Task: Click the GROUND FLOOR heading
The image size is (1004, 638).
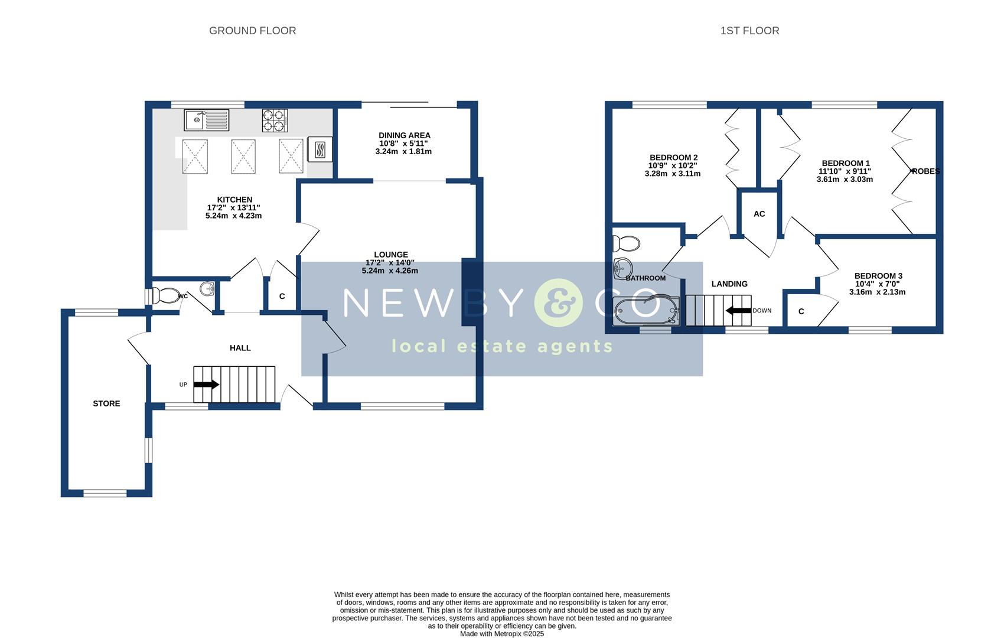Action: coord(252,31)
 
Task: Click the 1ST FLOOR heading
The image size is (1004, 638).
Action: coord(749,31)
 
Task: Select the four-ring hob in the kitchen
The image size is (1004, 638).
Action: coord(275,120)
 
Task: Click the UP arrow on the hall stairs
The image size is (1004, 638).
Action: coord(206,385)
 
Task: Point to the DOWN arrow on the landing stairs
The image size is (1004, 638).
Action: coord(738,310)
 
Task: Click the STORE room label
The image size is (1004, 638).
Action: coord(106,403)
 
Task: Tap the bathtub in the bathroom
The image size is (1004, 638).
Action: coord(646,311)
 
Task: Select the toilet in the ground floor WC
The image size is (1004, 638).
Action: coord(165,295)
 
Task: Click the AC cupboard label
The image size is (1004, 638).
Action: coord(759,214)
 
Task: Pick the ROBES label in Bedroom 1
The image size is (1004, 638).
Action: coord(925,171)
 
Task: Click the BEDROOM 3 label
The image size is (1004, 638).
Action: coord(878,276)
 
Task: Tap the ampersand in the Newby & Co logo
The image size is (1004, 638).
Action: coord(558,303)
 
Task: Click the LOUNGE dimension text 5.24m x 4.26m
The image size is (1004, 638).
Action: coord(390,271)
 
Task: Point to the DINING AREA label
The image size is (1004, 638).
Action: coord(404,135)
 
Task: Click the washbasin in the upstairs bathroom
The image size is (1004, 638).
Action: coord(622,268)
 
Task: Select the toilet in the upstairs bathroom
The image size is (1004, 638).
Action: coord(627,243)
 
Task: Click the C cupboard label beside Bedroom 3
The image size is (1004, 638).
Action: coord(801,311)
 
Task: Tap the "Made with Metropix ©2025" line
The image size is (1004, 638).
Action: coord(501,633)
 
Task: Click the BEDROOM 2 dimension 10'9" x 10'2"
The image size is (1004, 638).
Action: coord(673,165)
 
